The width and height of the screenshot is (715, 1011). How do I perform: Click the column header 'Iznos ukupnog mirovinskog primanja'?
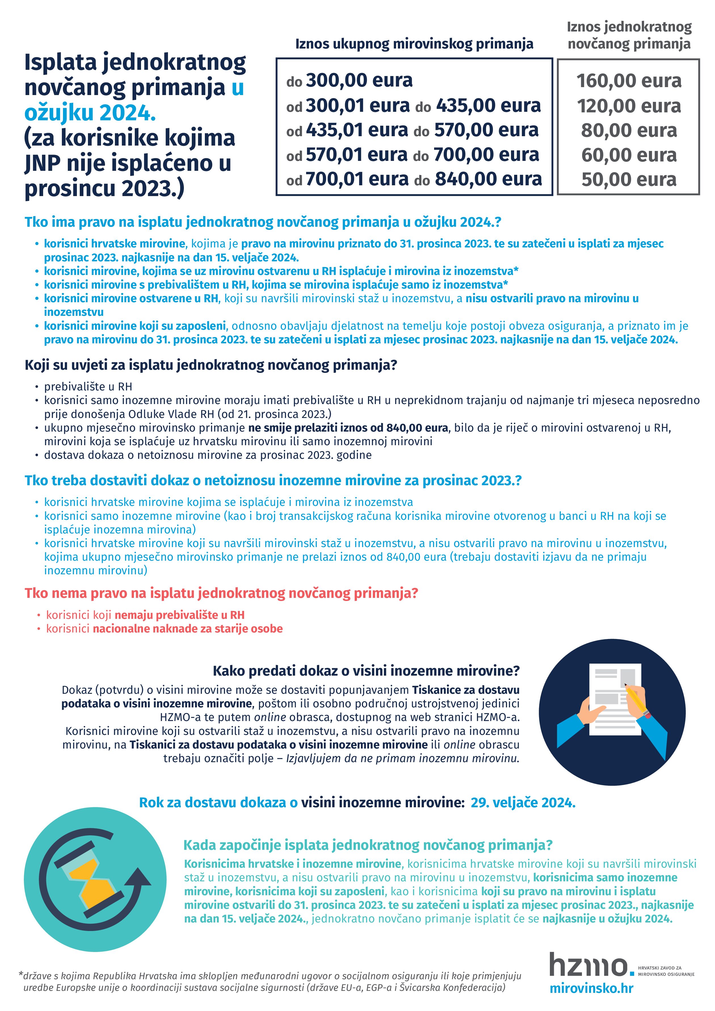(x=414, y=44)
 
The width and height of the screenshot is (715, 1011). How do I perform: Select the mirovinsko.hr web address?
(x=591, y=989)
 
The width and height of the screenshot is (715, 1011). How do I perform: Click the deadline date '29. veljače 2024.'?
(x=523, y=803)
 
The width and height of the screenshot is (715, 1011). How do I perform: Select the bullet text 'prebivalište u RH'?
(x=88, y=387)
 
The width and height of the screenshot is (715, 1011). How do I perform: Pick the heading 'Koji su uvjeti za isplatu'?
(x=211, y=365)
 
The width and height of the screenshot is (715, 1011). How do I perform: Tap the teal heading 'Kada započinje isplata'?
(x=368, y=845)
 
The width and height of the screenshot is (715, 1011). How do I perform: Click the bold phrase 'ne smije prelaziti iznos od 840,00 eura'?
(x=348, y=428)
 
